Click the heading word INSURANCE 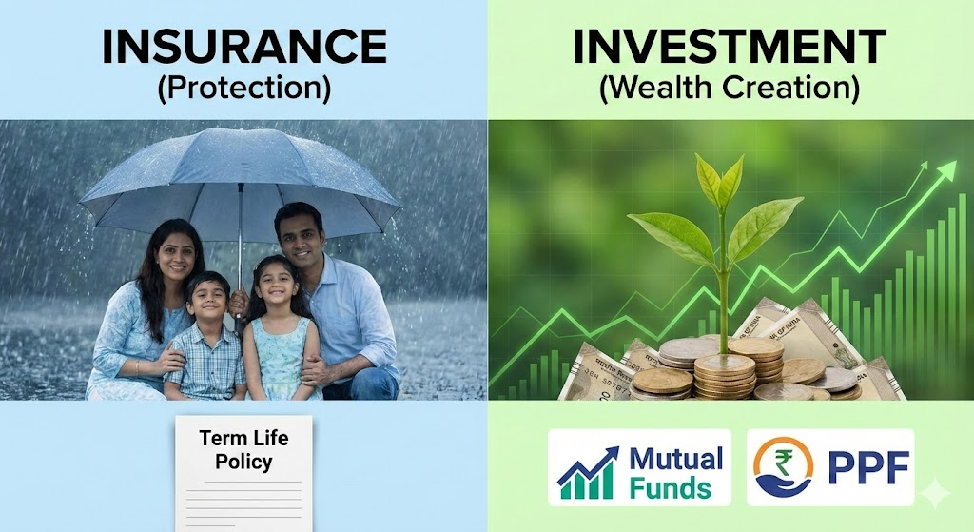tap(244, 47)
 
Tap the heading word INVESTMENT tap(730, 47)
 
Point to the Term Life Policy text tap(244, 449)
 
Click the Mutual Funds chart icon tap(588, 473)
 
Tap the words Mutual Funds tap(676, 473)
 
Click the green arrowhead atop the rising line tap(946, 169)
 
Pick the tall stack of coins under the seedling tap(724, 373)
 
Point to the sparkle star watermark tap(934, 494)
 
